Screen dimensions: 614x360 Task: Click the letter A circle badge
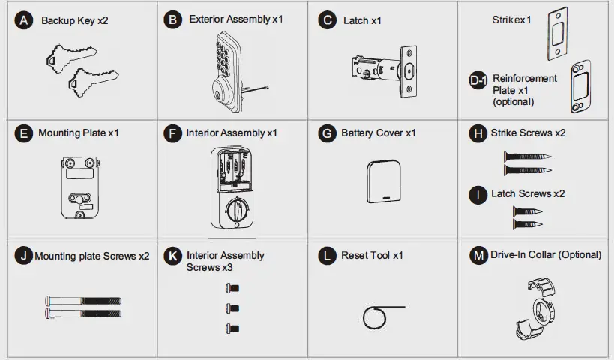pos(25,20)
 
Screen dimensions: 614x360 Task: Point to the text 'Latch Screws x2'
pos(528,193)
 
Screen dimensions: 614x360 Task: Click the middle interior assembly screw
pos(232,307)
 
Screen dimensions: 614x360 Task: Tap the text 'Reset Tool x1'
pos(372,255)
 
